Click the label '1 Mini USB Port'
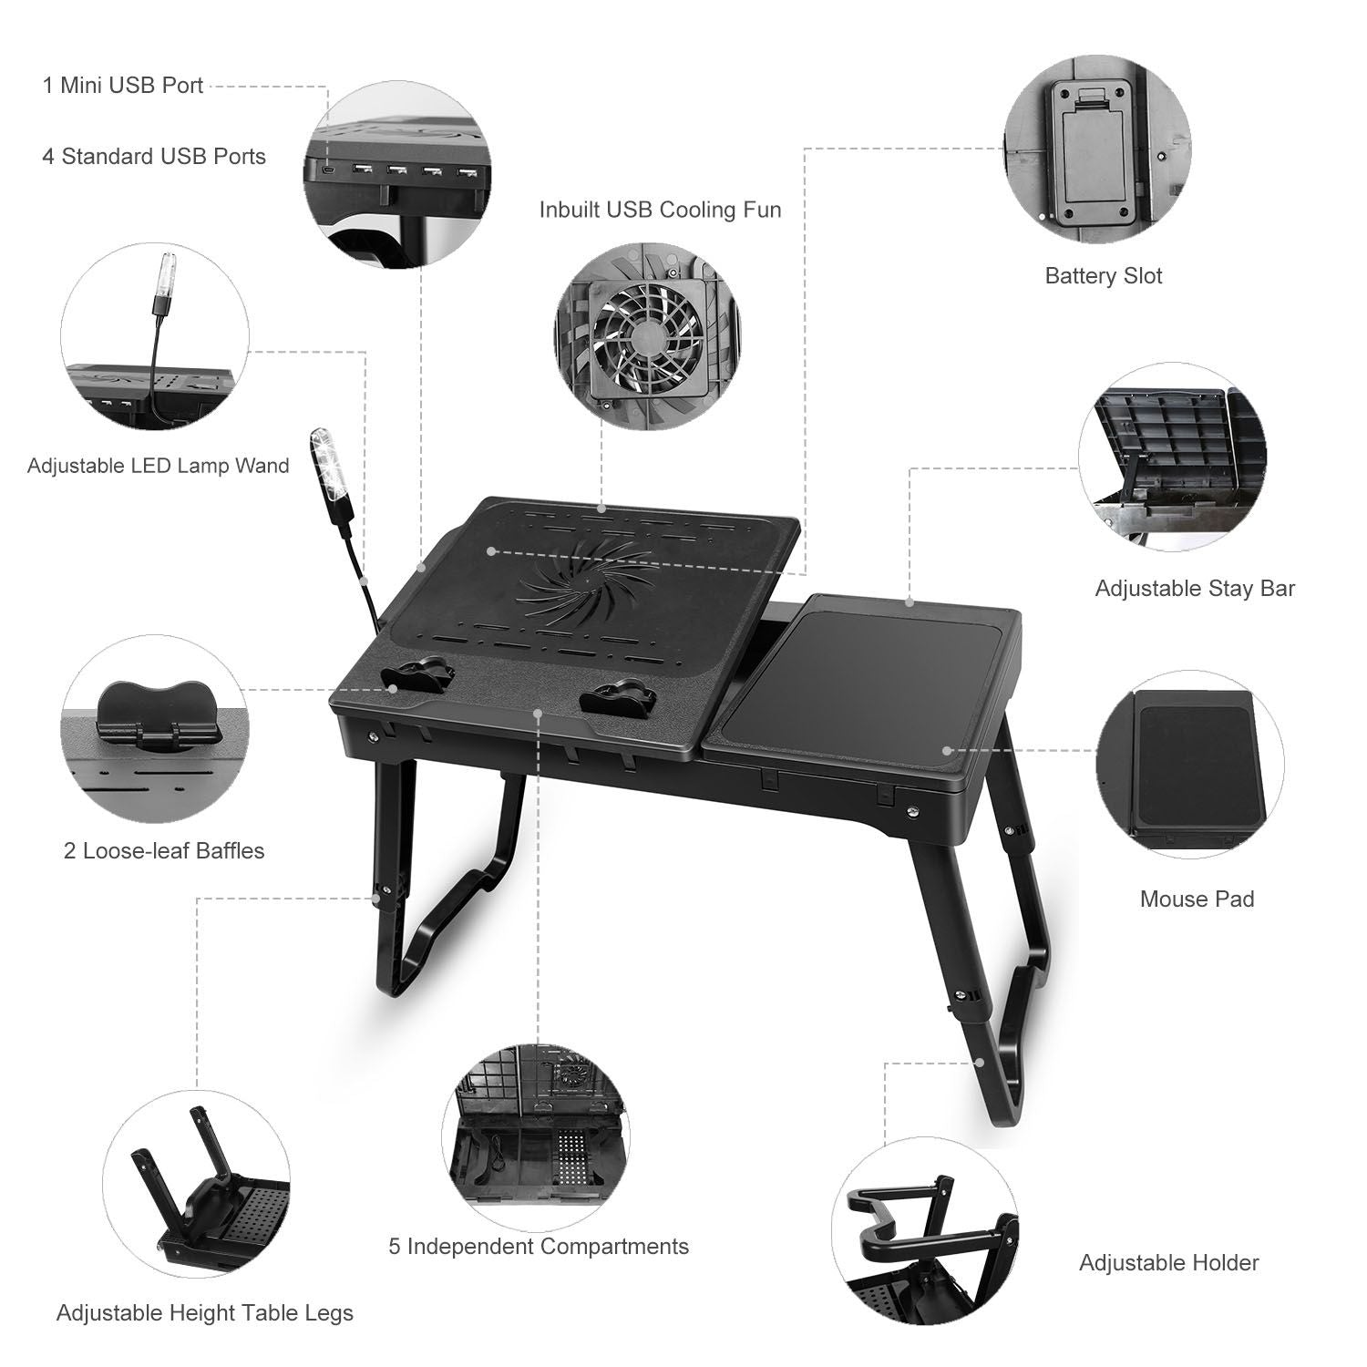click(x=123, y=86)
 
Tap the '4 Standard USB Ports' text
click(x=154, y=157)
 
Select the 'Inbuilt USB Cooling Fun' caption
click(x=660, y=210)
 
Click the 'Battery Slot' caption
click(x=1103, y=276)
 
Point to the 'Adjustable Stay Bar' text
click(x=1194, y=589)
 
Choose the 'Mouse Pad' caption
click(x=1197, y=899)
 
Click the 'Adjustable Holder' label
click(x=1168, y=1263)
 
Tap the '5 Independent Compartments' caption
click(x=539, y=1247)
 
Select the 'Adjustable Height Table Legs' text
click(x=205, y=1313)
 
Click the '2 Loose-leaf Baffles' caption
click(x=164, y=851)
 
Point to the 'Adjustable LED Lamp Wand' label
click(x=158, y=466)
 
